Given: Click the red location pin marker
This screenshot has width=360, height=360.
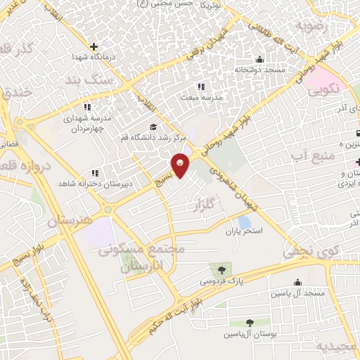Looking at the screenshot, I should tap(181, 165).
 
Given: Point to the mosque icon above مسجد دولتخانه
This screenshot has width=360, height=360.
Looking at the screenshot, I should tap(260, 60).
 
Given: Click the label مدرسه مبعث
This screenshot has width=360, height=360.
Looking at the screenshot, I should tap(202, 97).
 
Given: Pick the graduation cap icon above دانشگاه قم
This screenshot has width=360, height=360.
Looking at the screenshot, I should tap(153, 127).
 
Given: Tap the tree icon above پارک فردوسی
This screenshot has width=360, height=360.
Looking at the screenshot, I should tap(222, 270).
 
